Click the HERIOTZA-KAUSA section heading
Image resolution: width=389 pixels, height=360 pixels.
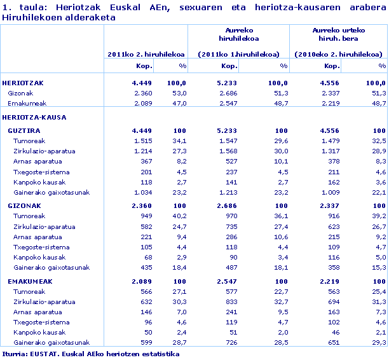click(34, 118)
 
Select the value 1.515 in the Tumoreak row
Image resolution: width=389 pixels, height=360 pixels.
click(143, 141)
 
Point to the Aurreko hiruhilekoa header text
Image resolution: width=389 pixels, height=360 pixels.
click(240, 34)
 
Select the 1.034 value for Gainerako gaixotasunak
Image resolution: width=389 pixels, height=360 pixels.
click(143, 192)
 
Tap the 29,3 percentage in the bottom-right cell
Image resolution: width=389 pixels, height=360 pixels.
click(379, 343)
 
